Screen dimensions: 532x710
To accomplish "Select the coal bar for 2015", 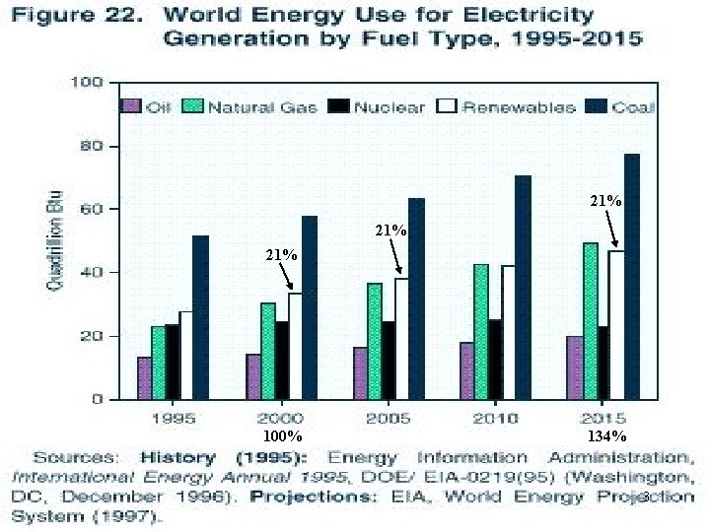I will tap(631, 276).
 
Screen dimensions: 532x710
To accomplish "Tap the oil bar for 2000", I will tap(254, 376).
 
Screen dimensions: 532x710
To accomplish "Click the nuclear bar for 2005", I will tap(389, 360).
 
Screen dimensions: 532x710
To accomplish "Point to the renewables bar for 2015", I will tap(616, 324).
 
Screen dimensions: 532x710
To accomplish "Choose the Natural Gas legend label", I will tap(262, 107).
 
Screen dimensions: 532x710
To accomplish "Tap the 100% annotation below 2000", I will tap(283, 435).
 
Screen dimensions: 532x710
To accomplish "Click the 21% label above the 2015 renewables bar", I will tap(605, 200).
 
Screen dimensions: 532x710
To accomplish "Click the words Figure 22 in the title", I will tap(89, 17).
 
